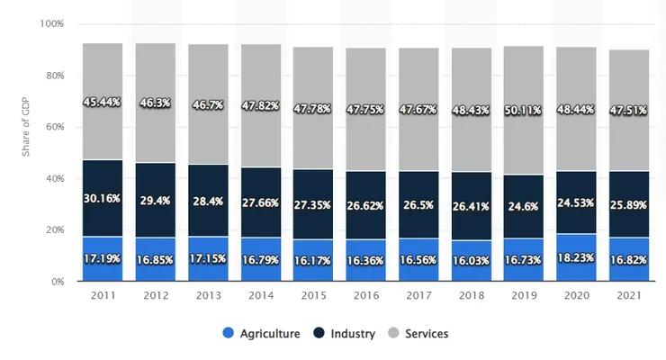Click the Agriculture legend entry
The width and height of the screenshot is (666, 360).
pos(260,334)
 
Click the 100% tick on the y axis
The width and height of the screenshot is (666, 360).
pos(51,24)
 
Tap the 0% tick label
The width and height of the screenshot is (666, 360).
pos(57,282)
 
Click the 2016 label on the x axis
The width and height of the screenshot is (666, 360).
pos(364,296)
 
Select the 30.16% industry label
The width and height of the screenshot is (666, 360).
pos(103,198)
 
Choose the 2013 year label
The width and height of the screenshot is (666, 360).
pos(208,296)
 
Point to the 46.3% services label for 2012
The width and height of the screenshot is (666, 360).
pos(155,104)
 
